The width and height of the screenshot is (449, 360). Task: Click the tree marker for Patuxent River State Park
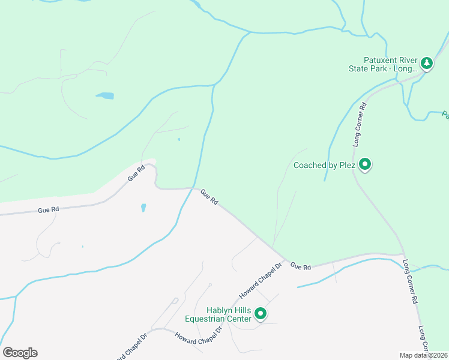click(x=426, y=62)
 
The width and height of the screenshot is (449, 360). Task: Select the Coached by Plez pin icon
click(x=364, y=164)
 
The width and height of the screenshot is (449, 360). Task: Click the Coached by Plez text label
click(x=324, y=165)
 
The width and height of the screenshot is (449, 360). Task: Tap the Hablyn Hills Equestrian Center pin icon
click(x=261, y=313)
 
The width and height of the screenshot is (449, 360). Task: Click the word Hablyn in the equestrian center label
click(x=220, y=310)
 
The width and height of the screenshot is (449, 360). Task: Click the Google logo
click(x=20, y=353)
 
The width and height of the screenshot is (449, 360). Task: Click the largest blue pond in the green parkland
click(x=105, y=95)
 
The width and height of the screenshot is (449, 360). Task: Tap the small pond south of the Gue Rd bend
click(x=143, y=208)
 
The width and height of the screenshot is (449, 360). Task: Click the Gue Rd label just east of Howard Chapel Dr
click(x=301, y=266)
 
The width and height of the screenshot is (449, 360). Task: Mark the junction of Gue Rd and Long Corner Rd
click(x=402, y=254)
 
